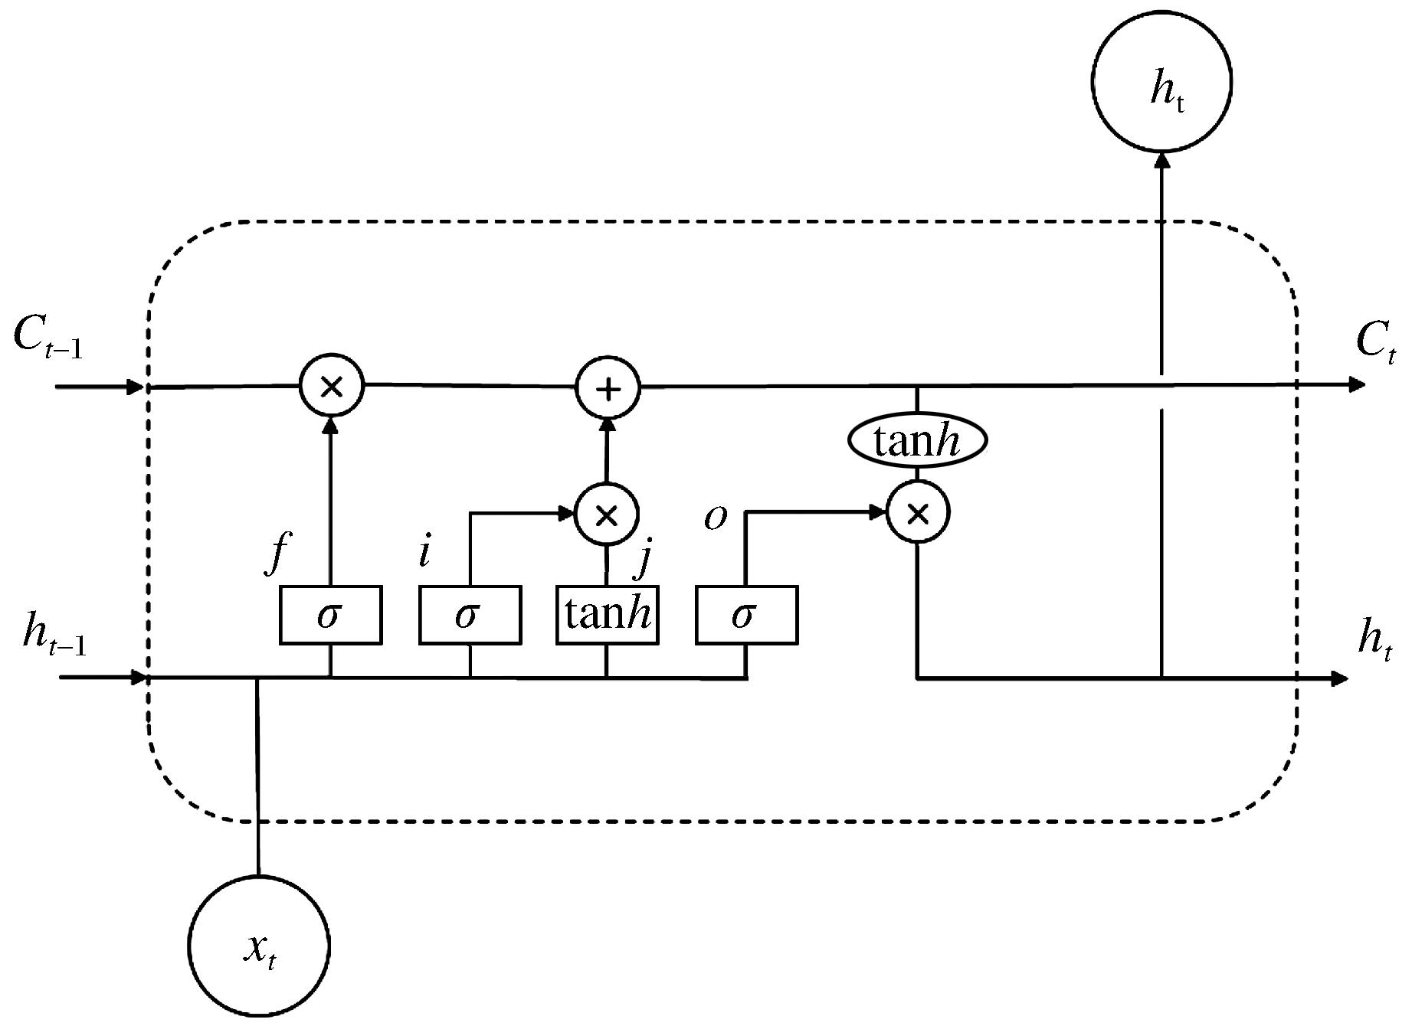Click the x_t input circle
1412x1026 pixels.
259,946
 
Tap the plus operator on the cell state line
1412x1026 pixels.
608,388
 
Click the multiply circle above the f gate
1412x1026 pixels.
331,387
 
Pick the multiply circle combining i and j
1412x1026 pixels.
606,514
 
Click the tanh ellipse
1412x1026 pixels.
917,441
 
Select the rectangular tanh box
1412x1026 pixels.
607,614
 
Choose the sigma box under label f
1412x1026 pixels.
330,614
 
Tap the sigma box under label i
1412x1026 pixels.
470,614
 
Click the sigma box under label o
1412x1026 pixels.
746,614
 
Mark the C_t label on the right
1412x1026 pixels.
1375,341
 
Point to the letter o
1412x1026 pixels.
715,518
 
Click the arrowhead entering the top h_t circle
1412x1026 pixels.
1162,162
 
